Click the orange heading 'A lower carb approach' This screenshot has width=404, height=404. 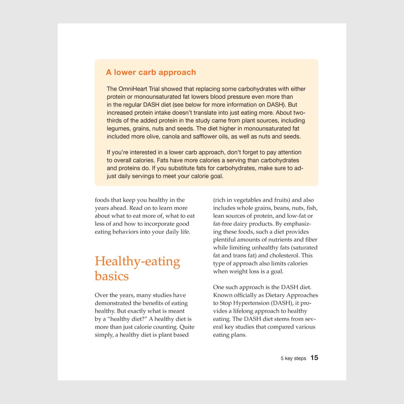point(151,72)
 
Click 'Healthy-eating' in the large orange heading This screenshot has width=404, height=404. point(137,261)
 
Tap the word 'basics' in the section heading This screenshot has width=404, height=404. point(112,276)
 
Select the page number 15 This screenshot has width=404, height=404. point(314,358)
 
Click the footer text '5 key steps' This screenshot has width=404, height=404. point(293,358)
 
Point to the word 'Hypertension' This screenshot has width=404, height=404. point(251,303)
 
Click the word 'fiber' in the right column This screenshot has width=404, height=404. point(311,240)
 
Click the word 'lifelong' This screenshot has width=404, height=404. point(244,311)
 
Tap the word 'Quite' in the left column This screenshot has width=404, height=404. point(187,327)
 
